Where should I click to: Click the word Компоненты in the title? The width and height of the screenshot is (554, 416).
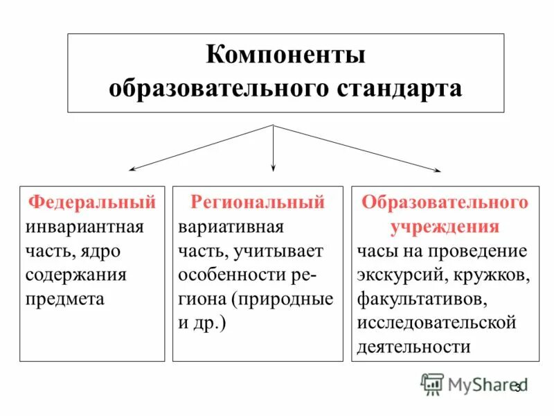[x=285, y=55]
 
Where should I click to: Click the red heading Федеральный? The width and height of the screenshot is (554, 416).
[x=91, y=202]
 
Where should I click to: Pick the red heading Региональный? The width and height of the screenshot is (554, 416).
[x=257, y=202]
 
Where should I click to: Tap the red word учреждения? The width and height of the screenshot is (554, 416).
[x=445, y=227]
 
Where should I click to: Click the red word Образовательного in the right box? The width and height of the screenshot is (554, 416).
[x=445, y=202]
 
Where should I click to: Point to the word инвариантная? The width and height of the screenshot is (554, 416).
[x=84, y=227]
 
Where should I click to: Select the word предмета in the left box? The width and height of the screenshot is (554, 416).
[x=65, y=299]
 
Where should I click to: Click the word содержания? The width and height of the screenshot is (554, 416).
[x=76, y=275]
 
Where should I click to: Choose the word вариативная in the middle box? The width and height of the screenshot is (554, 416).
[x=231, y=227]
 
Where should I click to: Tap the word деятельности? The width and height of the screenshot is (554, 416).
[x=414, y=347]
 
